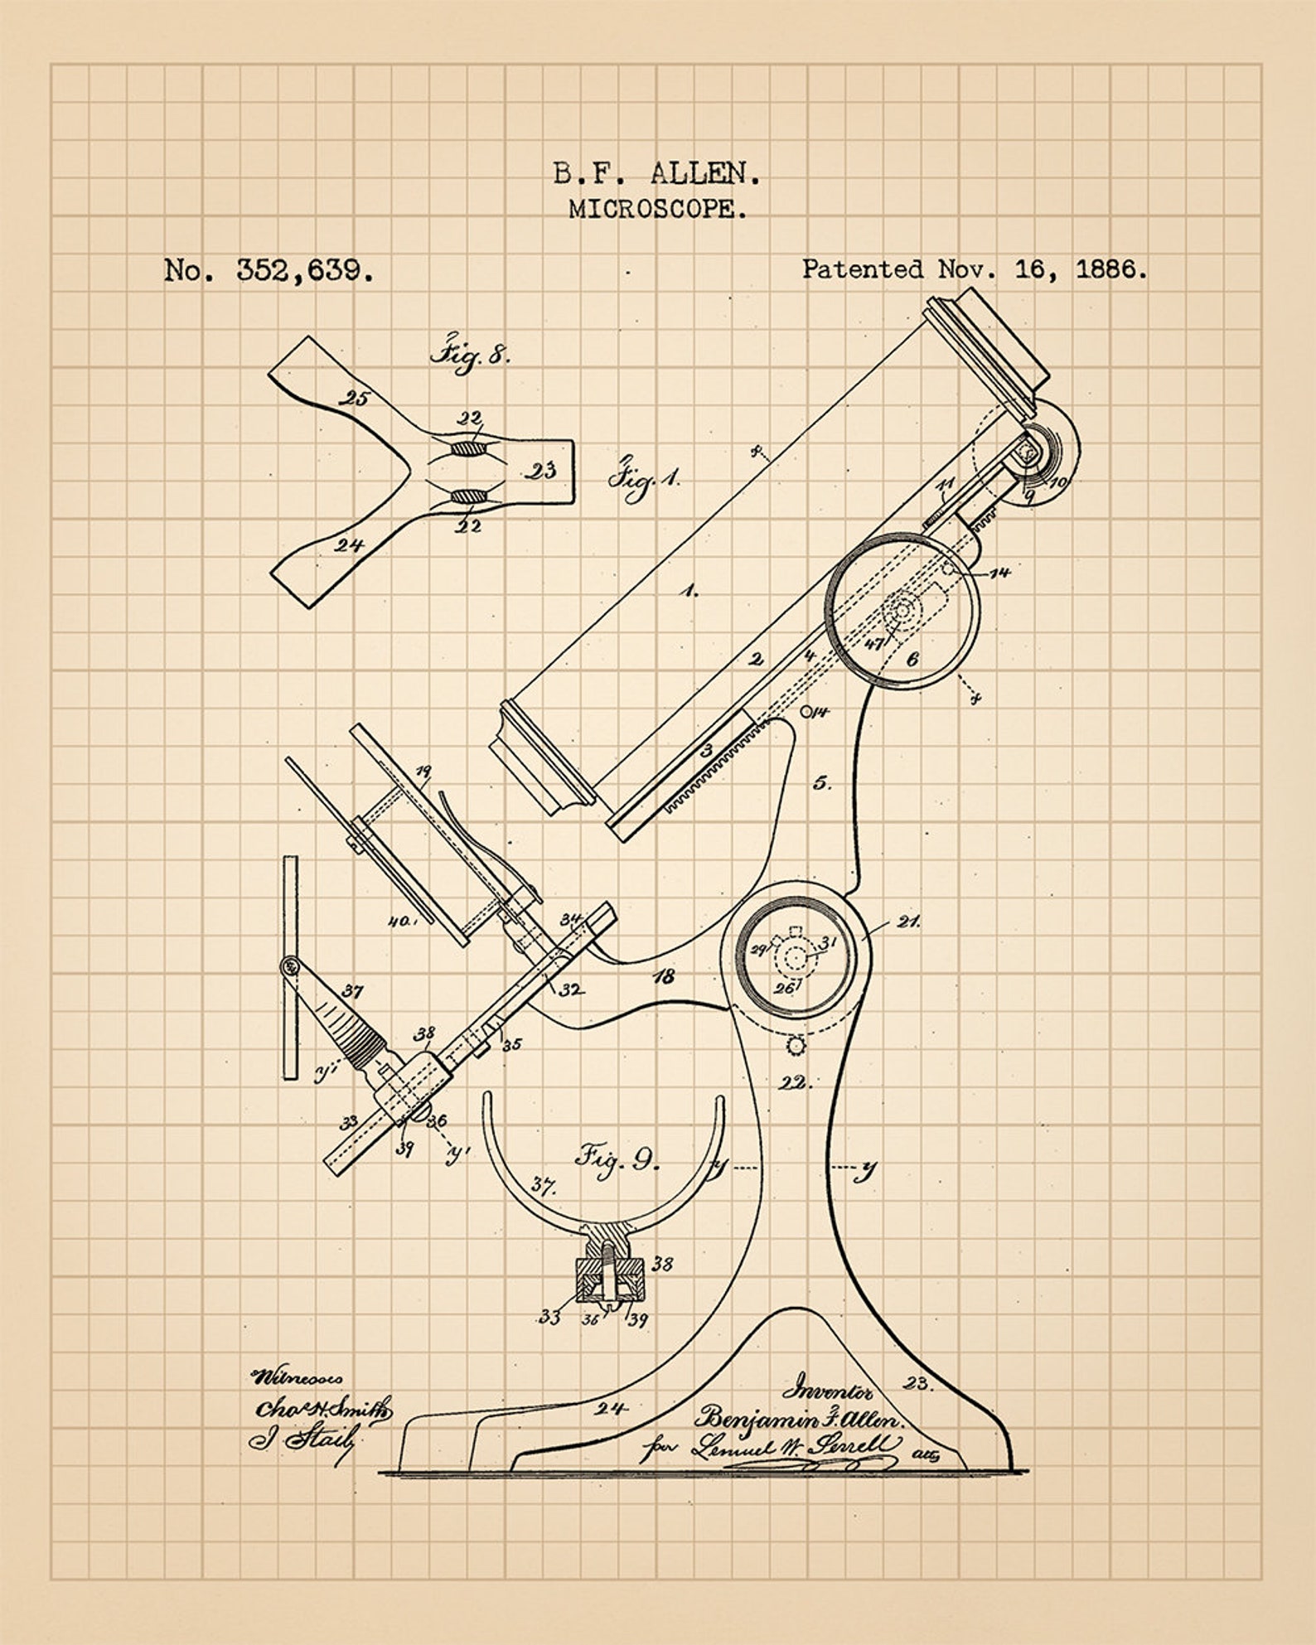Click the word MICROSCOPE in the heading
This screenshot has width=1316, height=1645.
[657, 209]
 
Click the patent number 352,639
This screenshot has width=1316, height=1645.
[304, 270]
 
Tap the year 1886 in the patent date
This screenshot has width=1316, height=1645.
[1110, 269]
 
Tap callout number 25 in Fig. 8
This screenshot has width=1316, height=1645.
[356, 399]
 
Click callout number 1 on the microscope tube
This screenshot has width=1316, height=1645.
[689, 591]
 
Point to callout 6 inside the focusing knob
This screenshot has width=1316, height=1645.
[912, 659]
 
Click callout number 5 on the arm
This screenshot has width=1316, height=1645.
[820, 781]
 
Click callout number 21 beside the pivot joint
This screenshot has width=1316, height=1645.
[908, 921]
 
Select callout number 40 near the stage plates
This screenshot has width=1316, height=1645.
[401, 920]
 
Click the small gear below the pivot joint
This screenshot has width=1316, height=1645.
[797, 1045]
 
